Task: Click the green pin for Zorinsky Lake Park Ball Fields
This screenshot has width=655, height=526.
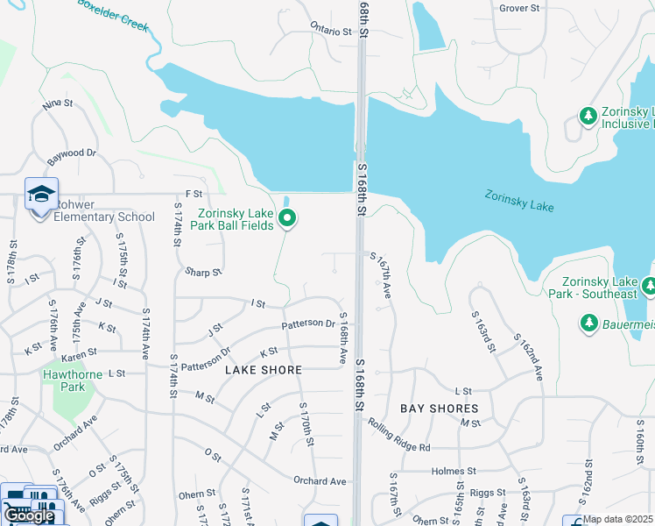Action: [287, 219]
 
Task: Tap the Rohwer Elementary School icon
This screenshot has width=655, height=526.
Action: [40, 196]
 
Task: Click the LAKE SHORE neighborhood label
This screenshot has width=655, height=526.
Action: [257, 371]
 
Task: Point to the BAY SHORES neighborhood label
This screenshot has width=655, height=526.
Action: [440, 409]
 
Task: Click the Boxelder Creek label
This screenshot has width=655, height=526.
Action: [114, 11]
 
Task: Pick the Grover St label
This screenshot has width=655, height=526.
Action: [519, 8]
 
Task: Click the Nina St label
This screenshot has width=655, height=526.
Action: [57, 103]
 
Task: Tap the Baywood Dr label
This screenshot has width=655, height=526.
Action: [73, 153]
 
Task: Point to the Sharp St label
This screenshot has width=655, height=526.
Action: [203, 273]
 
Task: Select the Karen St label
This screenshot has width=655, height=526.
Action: [79, 357]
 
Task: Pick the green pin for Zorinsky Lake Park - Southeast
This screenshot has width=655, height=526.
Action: [649, 286]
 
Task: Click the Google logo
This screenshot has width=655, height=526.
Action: [29, 516]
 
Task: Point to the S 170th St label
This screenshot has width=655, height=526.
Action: [307, 423]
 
